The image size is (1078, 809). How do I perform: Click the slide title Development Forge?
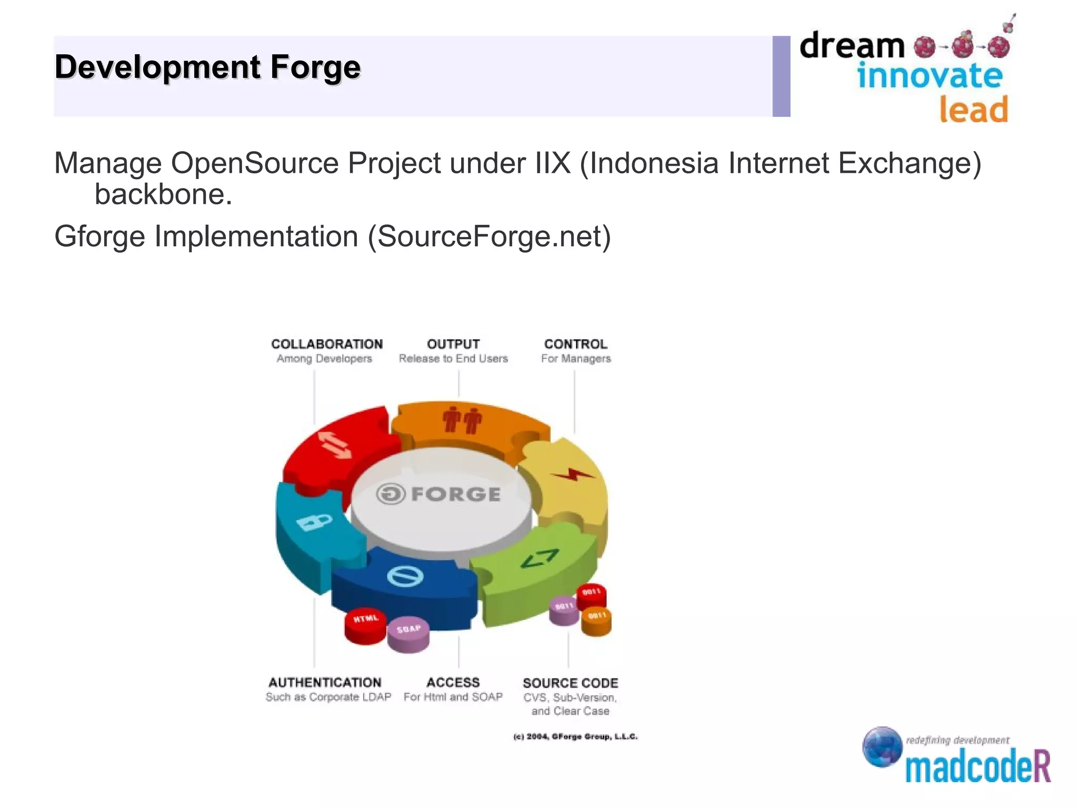pyautogui.click(x=207, y=67)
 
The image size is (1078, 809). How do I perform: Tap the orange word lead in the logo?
pyautogui.click(x=973, y=110)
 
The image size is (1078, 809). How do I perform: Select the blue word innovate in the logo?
pyautogui.click(x=930, y=76)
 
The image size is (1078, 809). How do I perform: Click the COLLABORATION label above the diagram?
pyautogui.click(x=327, y=344)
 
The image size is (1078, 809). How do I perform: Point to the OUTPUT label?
pyautogui.click(x=453, y=344)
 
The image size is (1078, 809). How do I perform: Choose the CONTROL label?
pyautogui.click(x=575, y=344)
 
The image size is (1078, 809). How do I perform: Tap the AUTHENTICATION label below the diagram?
pyautogui.click(x=325, y=683)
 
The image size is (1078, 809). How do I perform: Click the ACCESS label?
pyautogui.click(x=453, y=683)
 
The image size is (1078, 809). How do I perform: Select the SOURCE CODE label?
pyautogui.click(x=570, y=683)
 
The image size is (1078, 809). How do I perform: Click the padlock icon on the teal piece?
pyautogui.click(x=314, y=522)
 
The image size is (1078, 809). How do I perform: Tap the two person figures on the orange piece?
pyautogui.click(x=462, y=420)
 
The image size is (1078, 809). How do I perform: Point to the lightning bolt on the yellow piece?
pyautogui.click(x=572, y=475)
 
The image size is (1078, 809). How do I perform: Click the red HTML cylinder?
pyautogui.click(x=365, y=625)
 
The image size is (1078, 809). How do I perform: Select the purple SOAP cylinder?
pyautogui.click(x=408, y=634)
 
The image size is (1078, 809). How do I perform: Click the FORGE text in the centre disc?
pyautogui.click(x=455, y=494)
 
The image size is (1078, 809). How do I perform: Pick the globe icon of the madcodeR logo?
pyautogui.click(x=882, y=746)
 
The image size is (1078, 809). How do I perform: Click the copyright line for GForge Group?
pyautogui.click(x=575, y=736)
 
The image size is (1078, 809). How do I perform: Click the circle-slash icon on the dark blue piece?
pyautogui.click(x=405, y=576)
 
